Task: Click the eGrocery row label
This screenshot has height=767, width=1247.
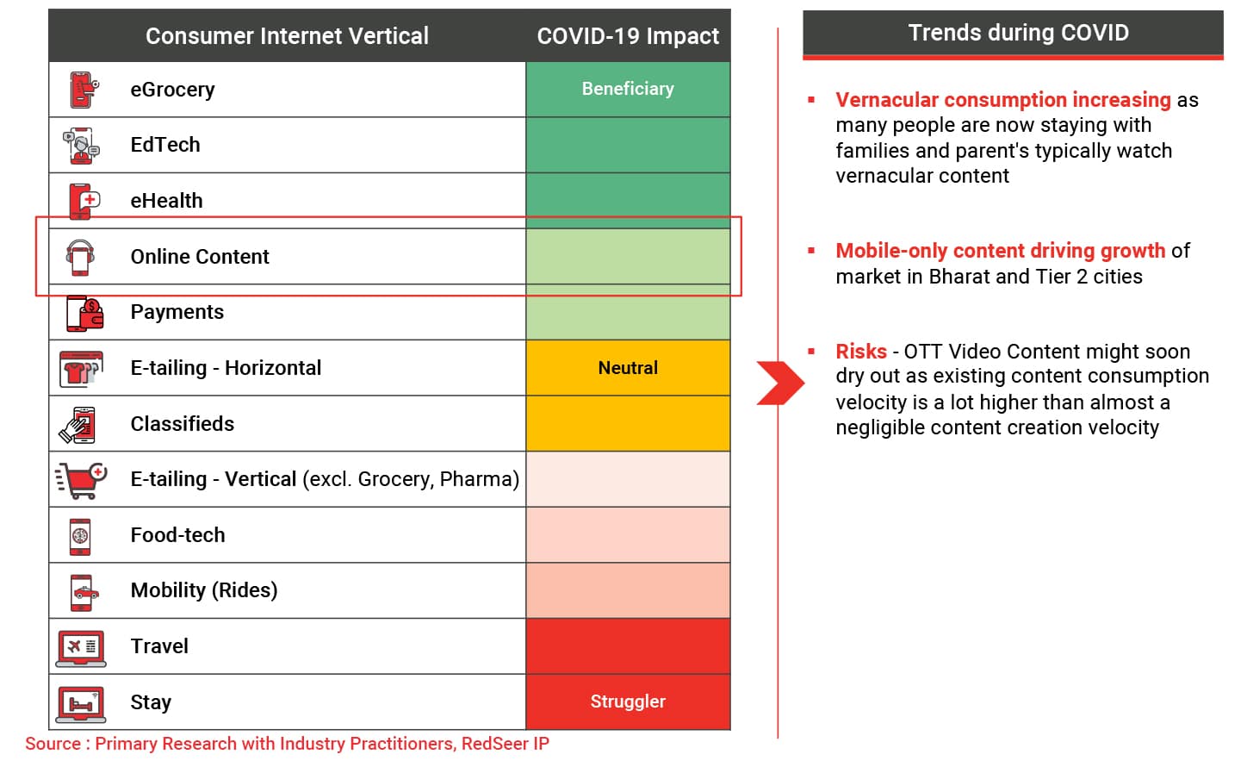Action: [172, 90]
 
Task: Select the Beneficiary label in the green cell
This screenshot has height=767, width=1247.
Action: [628, 89]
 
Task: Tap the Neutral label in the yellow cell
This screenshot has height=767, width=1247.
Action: [628, 368]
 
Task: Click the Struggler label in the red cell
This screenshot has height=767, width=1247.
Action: [628, 702]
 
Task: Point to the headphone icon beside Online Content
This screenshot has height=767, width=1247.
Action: [80, 258]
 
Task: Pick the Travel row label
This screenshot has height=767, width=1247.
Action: [159, 646]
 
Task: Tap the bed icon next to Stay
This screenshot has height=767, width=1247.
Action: [81, 704]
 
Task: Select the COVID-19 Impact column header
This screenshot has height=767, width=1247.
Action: [628, 36]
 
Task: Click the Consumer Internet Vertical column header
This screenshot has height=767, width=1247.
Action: [288, 36]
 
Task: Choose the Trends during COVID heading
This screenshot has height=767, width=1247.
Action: [1019, 33]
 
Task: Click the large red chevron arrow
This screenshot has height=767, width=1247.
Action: [780, 383]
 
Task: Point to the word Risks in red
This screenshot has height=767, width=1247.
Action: [861, 352]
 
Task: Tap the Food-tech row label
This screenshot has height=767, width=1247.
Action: [177, 534]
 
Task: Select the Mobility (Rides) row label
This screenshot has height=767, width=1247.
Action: [204, 590]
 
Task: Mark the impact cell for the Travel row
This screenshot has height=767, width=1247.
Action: [628, 646]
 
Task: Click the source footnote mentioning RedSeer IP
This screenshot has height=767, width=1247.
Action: [288, 744]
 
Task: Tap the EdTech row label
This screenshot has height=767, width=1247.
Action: [165, 145]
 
